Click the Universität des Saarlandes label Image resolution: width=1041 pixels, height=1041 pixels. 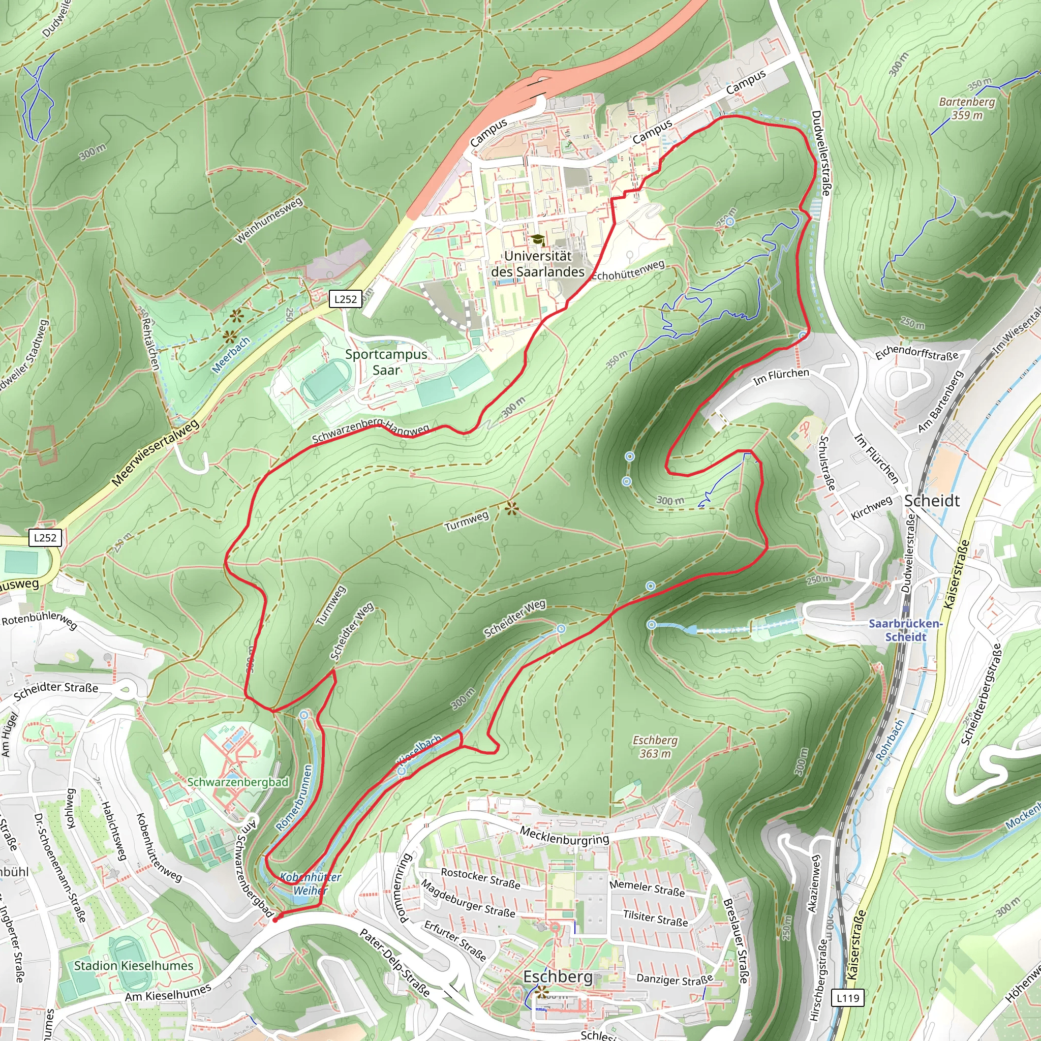(537, 264)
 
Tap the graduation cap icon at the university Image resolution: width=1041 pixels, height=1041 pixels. (537, 240)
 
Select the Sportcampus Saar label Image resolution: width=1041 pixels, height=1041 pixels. (386, 362)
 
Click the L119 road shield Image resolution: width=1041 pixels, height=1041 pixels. (848, 998)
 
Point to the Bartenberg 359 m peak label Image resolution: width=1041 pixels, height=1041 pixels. (967, 108)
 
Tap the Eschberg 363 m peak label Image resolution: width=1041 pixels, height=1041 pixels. (655, 747)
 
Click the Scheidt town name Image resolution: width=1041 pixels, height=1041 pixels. (932, 501)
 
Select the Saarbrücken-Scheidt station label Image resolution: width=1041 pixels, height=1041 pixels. (905, 630)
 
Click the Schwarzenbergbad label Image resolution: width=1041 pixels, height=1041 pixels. (237, 782)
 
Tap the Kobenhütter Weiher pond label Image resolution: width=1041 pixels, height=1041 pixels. (311, 883)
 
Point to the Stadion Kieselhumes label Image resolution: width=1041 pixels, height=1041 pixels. (133, 966)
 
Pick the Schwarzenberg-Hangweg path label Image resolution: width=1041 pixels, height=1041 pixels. (370, 430)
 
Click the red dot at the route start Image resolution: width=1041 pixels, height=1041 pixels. (275, 921)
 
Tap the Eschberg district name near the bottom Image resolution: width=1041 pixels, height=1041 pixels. (558, 977)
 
